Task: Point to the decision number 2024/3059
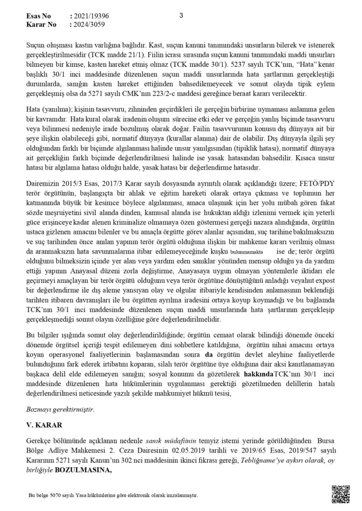pyautogui.click(x=90, y=23)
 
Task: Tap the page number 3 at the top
pyautogui.click(x=181, y=15)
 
